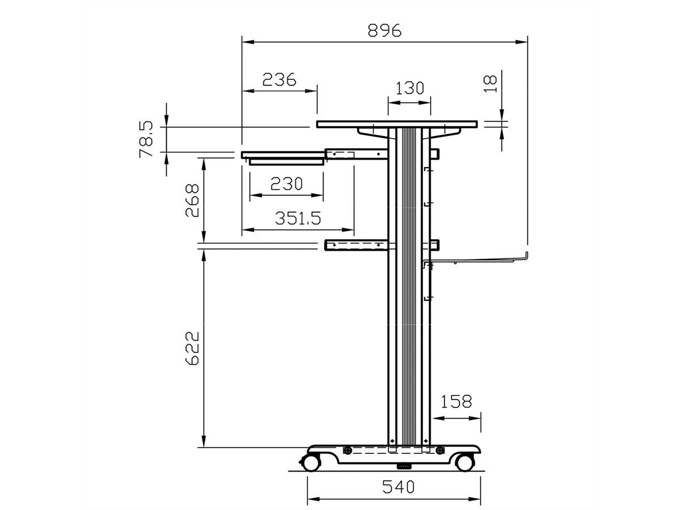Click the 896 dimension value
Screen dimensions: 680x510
click(384, 31)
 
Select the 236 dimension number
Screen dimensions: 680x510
click(279, 79)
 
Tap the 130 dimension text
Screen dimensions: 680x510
click(410, 88)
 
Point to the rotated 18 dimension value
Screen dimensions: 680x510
click(490, 84)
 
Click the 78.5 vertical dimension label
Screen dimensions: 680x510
click(146, 139)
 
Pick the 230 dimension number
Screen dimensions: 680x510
click(286, 184)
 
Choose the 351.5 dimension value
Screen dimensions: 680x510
click(297, 218)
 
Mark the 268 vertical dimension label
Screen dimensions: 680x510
click(192, 201)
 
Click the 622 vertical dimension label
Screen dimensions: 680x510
click(192, 348)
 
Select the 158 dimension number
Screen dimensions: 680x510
click(456, 402)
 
